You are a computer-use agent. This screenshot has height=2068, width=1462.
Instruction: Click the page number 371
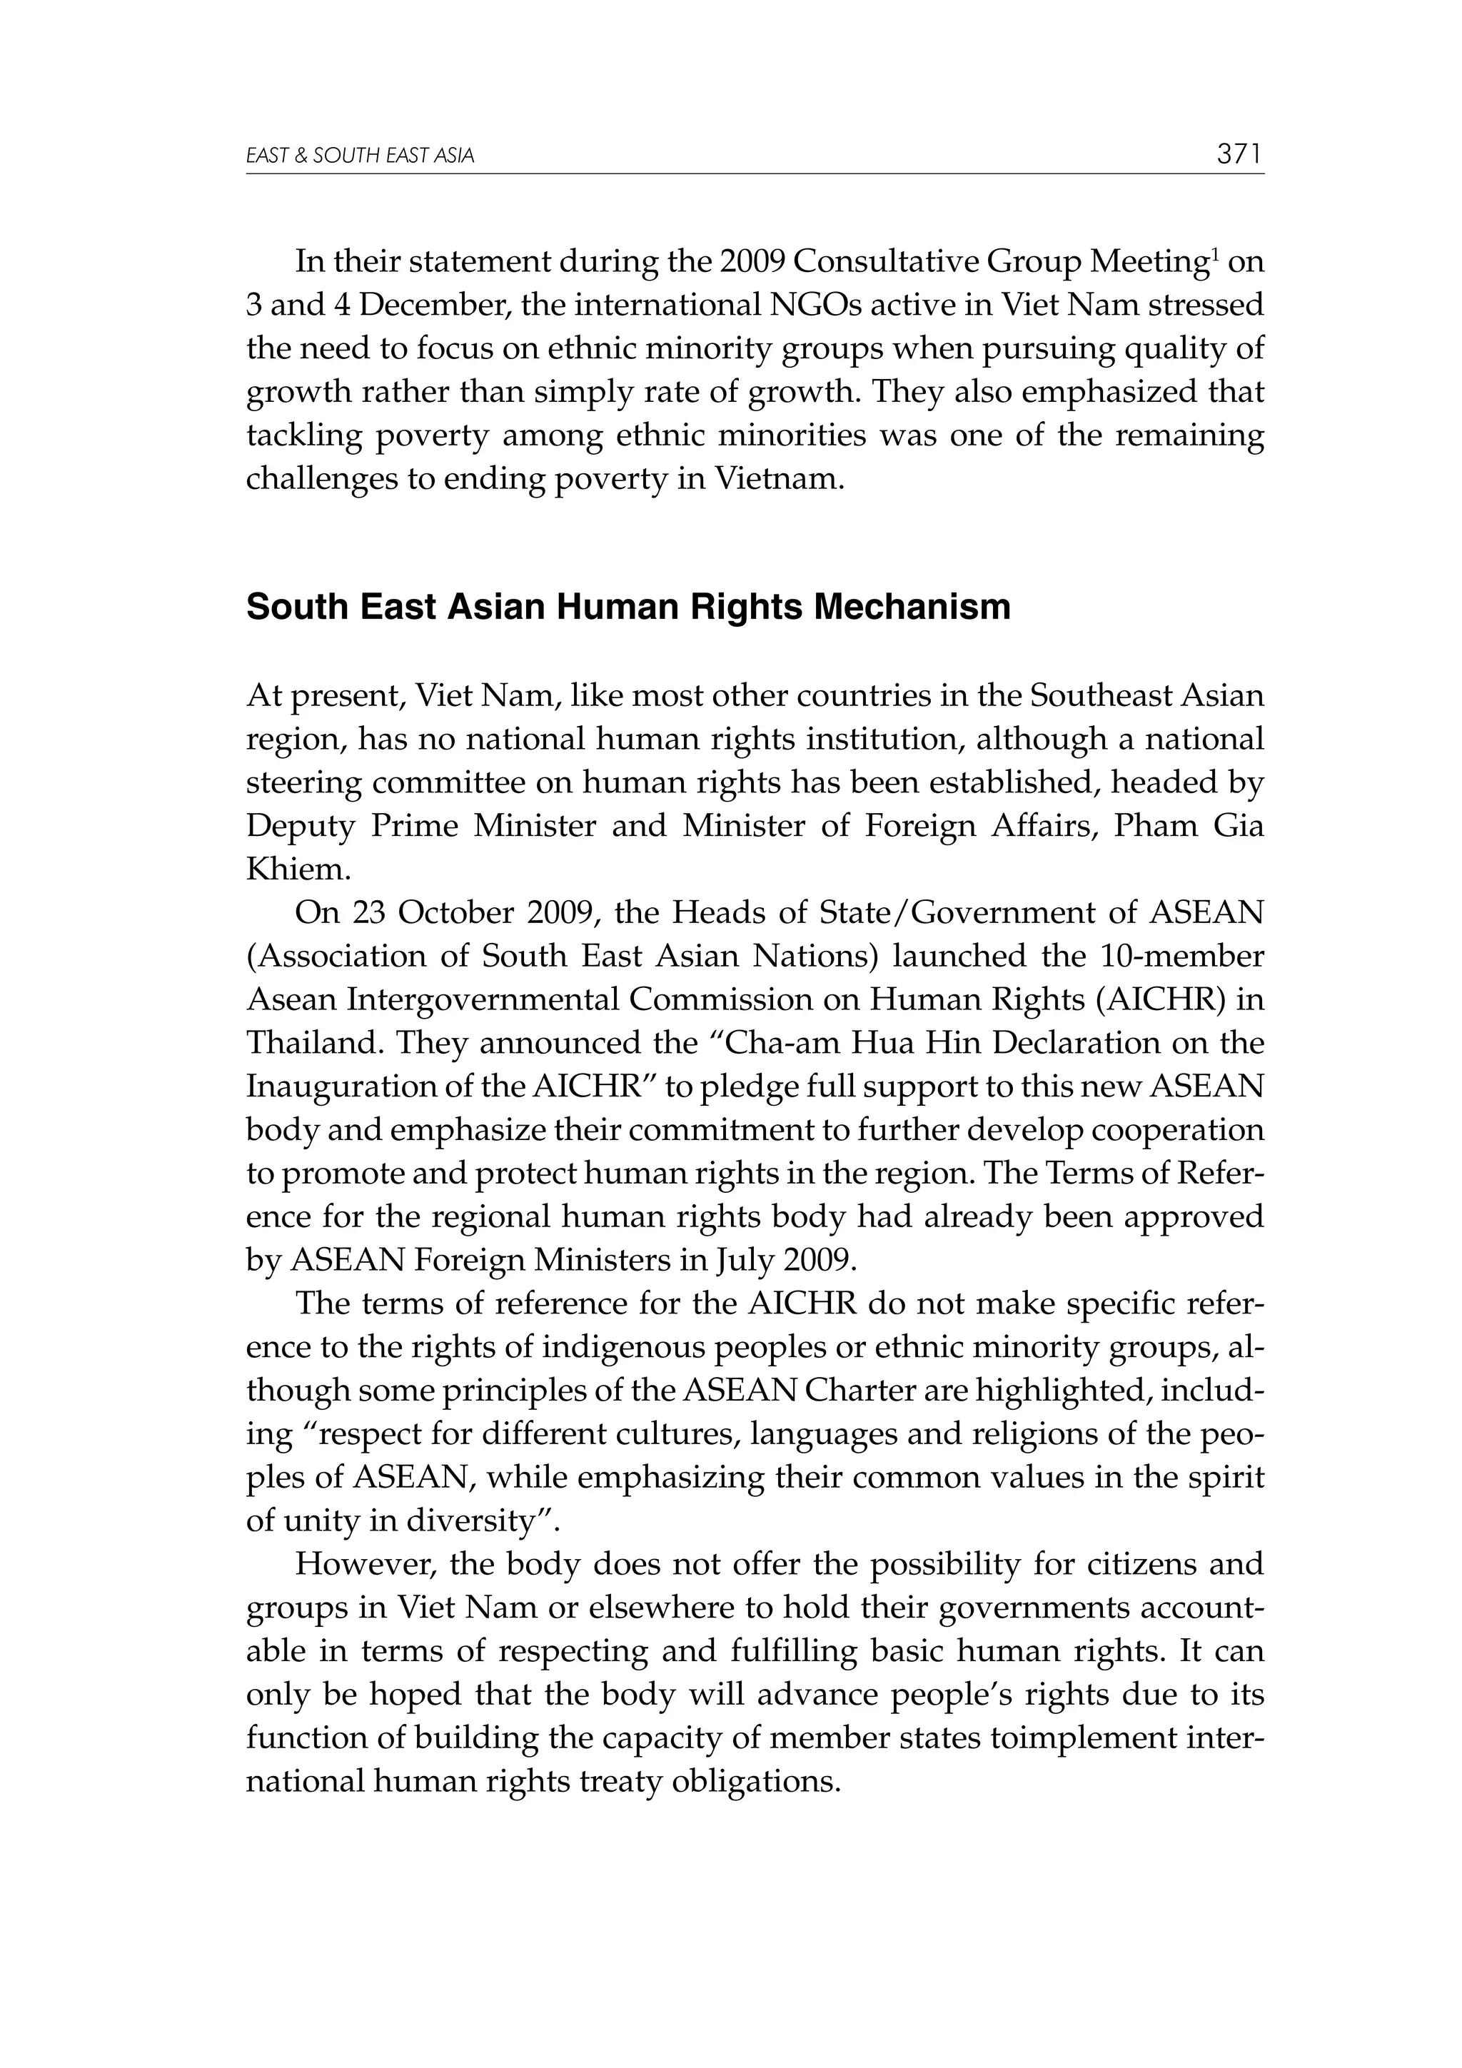(1239, 155)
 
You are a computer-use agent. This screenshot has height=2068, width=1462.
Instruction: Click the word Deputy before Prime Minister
(302, 826)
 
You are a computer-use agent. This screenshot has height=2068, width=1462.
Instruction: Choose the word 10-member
(1183, 956)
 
